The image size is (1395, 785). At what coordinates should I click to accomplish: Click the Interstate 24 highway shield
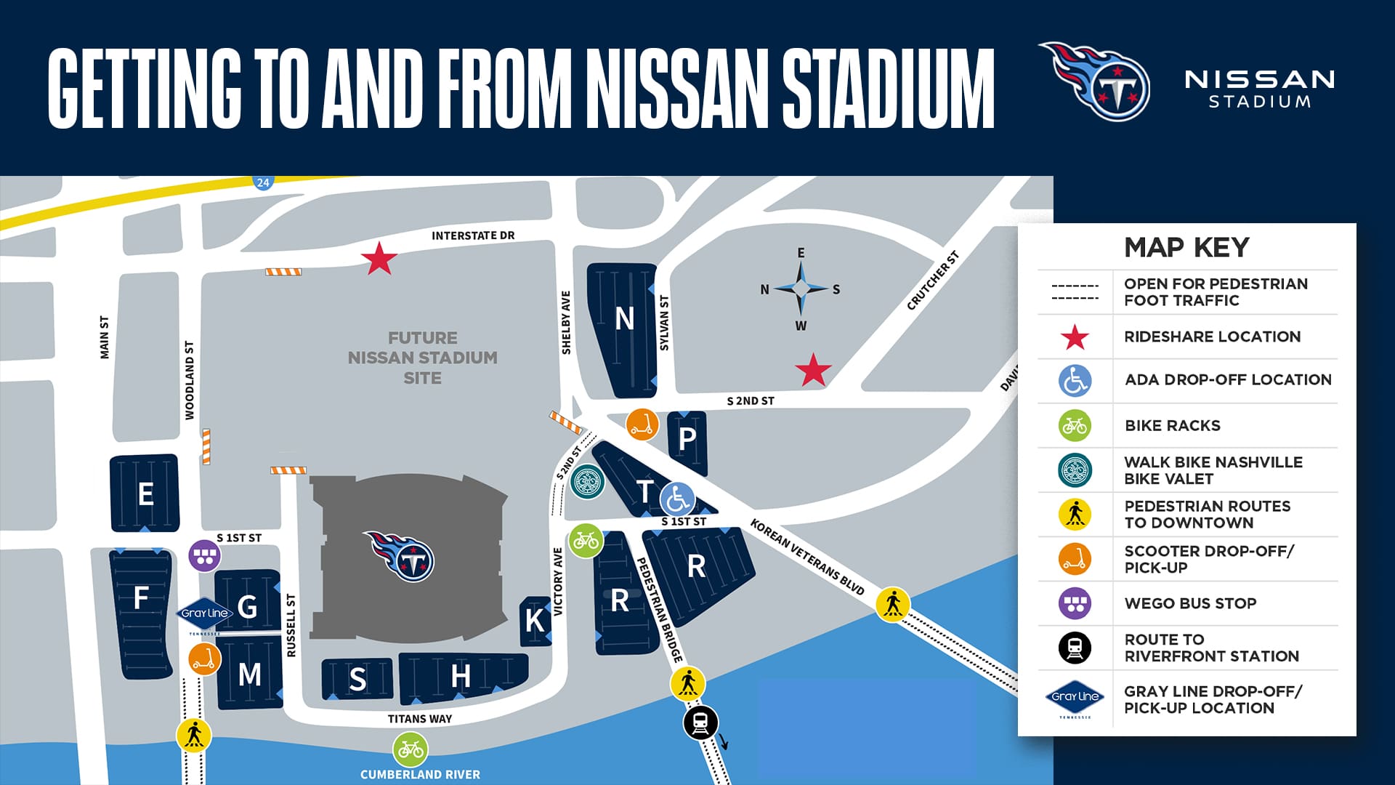pos(263,182)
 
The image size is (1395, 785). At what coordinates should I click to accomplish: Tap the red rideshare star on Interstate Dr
pos(379,259)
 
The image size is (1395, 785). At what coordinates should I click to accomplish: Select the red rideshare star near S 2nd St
pos(813,370)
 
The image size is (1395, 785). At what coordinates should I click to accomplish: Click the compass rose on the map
pos(801,289)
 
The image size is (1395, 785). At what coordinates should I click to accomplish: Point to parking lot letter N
pos(624,318)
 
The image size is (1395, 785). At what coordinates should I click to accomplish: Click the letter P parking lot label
pos(687,439)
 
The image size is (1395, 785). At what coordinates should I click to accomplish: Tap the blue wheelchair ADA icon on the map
pos(678,499)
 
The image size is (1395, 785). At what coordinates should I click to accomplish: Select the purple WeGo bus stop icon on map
pos(205,556)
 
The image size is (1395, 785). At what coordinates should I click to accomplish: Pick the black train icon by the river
pos(701,722)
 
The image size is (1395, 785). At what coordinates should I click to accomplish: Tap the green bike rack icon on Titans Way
pos(411,749)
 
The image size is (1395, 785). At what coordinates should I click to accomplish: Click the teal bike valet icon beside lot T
pos(587,481)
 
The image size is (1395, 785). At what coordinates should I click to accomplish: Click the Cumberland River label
pos(420,775)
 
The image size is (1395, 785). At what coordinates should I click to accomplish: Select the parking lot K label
pos(535,621)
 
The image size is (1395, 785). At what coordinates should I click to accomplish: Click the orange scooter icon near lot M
pos(204,659)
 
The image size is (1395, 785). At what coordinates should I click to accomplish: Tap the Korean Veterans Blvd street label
pos(806,557)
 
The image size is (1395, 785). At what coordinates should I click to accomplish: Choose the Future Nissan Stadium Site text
pos(422,358)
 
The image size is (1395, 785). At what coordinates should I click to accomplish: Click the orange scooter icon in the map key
pos(1075,559)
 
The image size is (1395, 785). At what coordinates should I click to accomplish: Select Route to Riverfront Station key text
pos(1211,648)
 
